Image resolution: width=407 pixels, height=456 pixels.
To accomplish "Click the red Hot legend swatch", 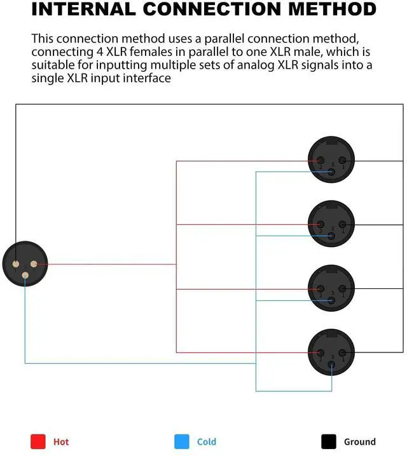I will pos(39,441).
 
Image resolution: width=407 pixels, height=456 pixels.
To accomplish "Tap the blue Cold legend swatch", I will pos(182,441).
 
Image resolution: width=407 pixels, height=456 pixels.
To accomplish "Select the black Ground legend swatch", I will pos(329,441).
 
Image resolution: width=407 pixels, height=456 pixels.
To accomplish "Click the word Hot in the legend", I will pos(61,442).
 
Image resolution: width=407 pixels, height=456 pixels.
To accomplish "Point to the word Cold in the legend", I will pos(207,442).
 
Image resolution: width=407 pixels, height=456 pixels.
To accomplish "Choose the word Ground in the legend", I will pos(360,442).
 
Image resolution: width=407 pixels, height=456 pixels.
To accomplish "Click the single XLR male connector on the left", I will pos(24,264).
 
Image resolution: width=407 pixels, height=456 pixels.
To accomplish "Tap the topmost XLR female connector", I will pos(331,160).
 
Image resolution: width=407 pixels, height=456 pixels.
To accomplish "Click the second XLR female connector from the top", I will pos(331,224).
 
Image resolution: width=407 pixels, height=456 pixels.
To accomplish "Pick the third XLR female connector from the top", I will pos(331,288).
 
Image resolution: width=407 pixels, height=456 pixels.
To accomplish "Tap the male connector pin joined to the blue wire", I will pos(25,275).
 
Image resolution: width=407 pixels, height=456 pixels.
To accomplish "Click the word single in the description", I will pos(50,78).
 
